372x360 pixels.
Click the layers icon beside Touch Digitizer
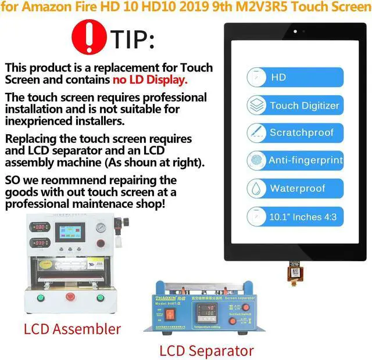coord(256,105)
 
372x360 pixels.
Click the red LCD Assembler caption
coord(72,329)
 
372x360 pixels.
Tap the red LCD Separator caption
coord(206,350)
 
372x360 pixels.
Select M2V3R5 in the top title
coord(266,8)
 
